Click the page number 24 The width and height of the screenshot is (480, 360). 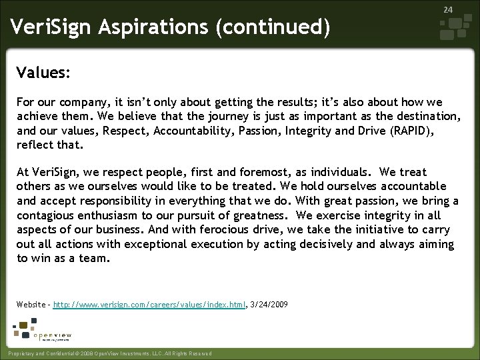[x=448, y=9]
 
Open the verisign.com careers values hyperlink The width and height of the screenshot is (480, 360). [x=149, y=304]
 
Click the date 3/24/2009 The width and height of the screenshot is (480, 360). [x=269, y=304]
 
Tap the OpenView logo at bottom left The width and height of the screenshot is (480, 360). [x=43, y=332]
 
